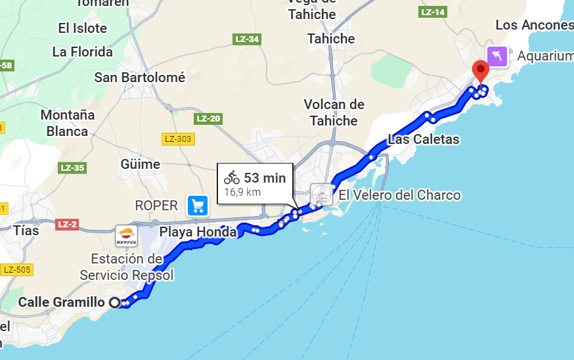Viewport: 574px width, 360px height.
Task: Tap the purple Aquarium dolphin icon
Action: coord(497,56)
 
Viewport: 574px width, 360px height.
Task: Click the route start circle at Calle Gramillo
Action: coord(115,303)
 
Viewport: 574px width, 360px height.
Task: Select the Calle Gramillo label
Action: coord(61,302)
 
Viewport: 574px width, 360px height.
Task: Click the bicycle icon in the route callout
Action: coord(231,177)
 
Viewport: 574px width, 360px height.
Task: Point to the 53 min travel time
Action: coord(265,177)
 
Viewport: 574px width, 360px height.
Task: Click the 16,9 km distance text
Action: coord(243,192)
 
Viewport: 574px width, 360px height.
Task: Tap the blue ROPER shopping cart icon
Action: coord(197,206)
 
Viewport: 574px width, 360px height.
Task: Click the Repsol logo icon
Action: coord(125,236)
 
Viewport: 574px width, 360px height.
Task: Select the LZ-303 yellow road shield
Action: coord(177,139)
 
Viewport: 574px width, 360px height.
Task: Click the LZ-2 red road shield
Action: coord(67,224)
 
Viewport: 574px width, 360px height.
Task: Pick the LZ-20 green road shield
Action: coord(208,119)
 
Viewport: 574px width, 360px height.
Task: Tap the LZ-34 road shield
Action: coord(247,39)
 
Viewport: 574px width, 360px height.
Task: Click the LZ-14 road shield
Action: coord(433,12)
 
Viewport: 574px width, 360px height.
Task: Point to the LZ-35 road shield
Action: coord(72,168)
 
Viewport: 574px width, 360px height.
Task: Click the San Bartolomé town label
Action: coord(139,78)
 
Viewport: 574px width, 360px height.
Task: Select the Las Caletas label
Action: coord(424,139)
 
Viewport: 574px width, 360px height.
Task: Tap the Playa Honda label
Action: coord(198,232)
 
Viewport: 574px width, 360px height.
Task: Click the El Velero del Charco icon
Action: coord(322,195)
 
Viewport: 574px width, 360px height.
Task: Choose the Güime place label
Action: coord(141,164)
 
